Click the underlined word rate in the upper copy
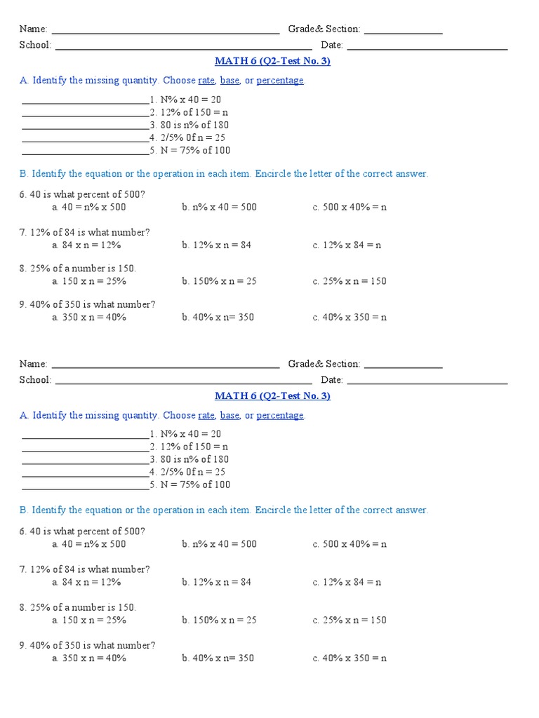[206, 81]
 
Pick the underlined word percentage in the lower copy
[280, 415]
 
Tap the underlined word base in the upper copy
[229, 81]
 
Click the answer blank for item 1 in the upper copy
[85, 102]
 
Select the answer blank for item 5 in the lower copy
[85, 487]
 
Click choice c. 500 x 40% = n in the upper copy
[350, 208]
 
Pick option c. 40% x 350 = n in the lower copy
[350, 658]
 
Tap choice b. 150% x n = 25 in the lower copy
[219, 620]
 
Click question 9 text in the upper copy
[88, 304]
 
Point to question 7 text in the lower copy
[85, 569]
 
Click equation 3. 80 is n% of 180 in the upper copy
[189, 126]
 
